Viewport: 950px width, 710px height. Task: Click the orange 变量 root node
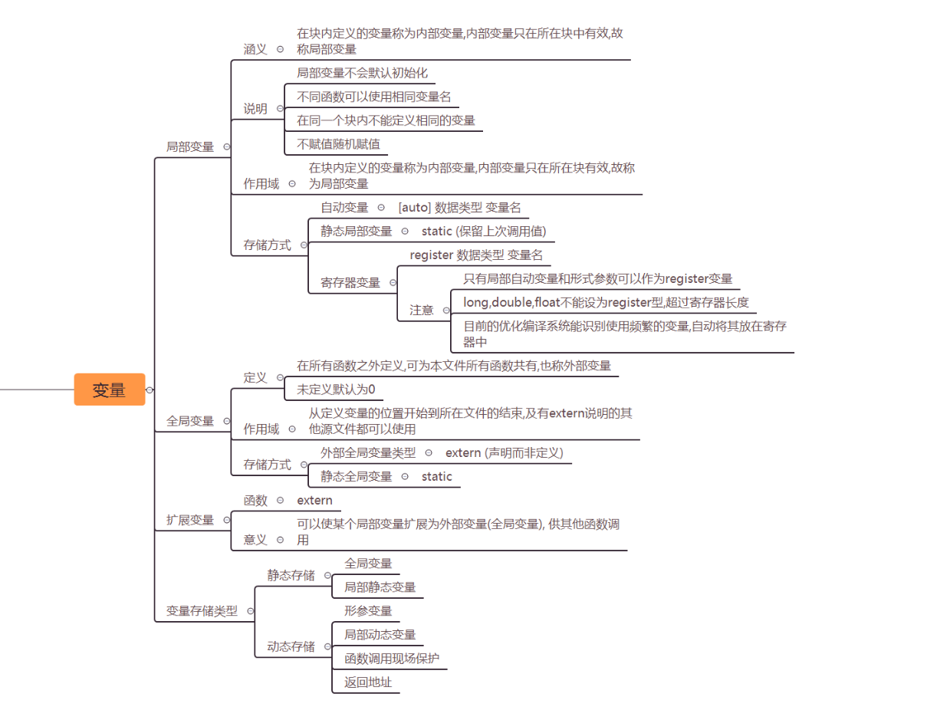pyautogui.click(x=109, y=390)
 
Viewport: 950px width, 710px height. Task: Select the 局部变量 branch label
pyautogui.click(x=190, y=146)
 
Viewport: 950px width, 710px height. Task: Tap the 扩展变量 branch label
pyautogui.click(x=190, y=520)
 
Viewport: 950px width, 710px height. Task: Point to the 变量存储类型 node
pyautogui.click(x=202, y=611)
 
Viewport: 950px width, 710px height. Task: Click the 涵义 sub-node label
pyautogui.click(x=255, y=49)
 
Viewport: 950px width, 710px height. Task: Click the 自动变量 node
pyautogui.click(x=344, y=208)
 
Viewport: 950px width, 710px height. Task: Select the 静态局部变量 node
pyautogui.click(x=356, y=231)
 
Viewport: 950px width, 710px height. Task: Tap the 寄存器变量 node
pyautogui.click(x=350, y=282)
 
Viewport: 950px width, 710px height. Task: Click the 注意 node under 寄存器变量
pyautogui.click(x=421, y=310)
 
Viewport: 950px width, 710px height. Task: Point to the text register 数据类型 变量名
pyautogui.click(x=476, y=255)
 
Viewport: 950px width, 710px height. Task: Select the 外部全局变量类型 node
pyautogui.click(x=368, y=453)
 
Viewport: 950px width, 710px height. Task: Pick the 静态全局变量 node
pyautogui.click(x=356, y=477)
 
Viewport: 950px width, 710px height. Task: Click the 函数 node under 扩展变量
pyautogui.click(x=255, y=501)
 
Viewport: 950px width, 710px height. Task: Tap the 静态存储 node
pyautogui.click(x=291, y=575)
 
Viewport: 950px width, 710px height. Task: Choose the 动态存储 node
pyautogui.click(x=291, y=646)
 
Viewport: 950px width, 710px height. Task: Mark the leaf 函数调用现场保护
pyautogui.click(x=392, y=658)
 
